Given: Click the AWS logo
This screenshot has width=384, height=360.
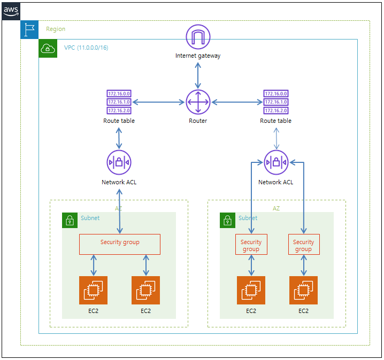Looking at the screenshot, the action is click(x=11, y=11).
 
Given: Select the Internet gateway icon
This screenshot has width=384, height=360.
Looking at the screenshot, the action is click(x=198, y=37).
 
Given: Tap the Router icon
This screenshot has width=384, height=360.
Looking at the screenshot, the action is click(x=198, y=102).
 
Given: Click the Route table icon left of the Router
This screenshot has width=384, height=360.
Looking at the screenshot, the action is click(x=119, y=102).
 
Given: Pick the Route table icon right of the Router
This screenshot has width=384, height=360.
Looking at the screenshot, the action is click(x=276, y=102).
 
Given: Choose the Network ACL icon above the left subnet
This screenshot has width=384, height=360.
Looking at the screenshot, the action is click(x=119, y=162).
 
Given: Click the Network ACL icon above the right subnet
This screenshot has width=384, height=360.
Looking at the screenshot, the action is click(x=276, y=162).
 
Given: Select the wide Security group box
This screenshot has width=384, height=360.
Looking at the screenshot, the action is click(x=120, y=244).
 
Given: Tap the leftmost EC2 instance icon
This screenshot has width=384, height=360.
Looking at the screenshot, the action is click(x=93, y=291).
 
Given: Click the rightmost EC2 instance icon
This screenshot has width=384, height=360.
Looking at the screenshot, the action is click(x=303, y=291).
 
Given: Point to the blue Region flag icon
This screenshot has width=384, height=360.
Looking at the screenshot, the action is click(x=29, y=29).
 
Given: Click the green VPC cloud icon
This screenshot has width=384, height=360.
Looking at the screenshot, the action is click(x=48, y=49).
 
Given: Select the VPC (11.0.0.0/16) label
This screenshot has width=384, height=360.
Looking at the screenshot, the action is click(x=86, y=48).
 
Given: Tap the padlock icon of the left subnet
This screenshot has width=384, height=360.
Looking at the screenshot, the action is click(x=70, y=220).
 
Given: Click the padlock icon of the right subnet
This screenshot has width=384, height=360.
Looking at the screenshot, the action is click(x=227, y=220).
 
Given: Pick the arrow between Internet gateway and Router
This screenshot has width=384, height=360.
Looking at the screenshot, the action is click(x=198, y=75).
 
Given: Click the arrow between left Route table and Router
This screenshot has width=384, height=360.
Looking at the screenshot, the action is click(x=158, y=102).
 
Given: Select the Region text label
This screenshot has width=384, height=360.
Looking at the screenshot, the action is click(x=56, y=29).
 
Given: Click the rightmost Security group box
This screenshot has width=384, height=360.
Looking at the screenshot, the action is click(x=304, y=244).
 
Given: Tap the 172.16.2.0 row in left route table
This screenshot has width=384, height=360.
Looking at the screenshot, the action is click(x=119, y=111).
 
